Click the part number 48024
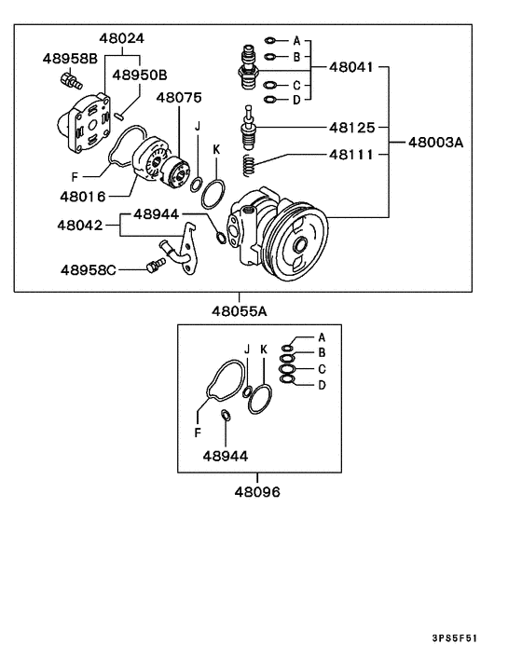click(124, 39)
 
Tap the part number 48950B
click(140, 75)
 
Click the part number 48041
click(352, 68)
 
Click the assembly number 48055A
click(250, 309)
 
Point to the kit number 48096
click(257, 491)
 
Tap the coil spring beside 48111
click(250, 166)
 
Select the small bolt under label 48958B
click(68, 80)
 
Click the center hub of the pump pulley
click(299, 246)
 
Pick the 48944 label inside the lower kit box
click(226, 457)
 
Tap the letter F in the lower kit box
click(198, 432)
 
